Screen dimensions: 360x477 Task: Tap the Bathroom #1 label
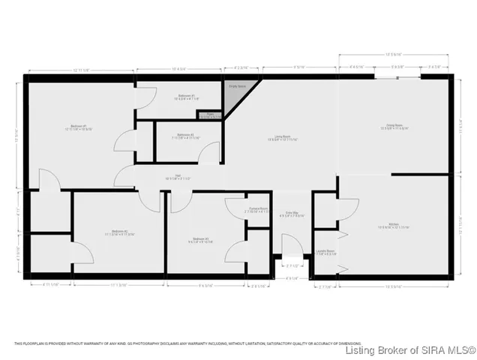click(187, 97)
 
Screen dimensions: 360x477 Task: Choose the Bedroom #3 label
click(200, 240)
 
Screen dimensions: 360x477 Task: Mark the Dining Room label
click(394, 126)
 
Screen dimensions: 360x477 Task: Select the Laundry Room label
click(325, 253)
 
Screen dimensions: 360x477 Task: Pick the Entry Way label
click(291, 215)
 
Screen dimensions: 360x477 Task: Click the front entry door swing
click(291, 245)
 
